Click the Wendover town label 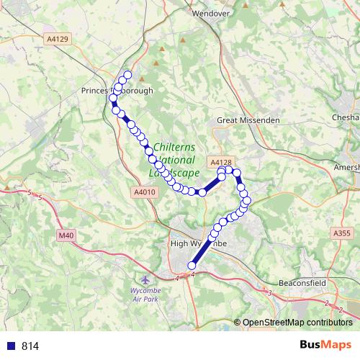[x=210, y=13]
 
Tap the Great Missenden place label [x=248, y=120]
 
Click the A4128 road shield [x=220, y=163]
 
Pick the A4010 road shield [x=144, y=192]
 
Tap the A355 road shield [x=342, y=233]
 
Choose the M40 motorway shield [x=67, y=235]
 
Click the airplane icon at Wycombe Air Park [x=147, y=279]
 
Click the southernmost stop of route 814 [x=192, y=266]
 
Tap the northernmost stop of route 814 [x=128, y=76]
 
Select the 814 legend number [x=30, y=346]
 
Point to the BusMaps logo [x=325, y=345]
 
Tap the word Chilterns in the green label [x=175, y=147]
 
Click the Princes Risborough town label [x=118, y=91]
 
